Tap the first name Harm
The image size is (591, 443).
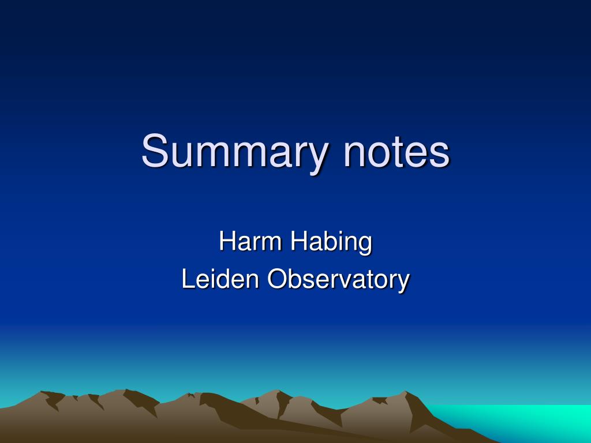pos(251,241)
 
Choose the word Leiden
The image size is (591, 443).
pos(220,279)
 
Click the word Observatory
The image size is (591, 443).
pos(338,280)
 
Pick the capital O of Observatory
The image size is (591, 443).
pos(276,279)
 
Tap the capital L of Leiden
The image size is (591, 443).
pos(187,279)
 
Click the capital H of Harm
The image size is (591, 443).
pos(227,241)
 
